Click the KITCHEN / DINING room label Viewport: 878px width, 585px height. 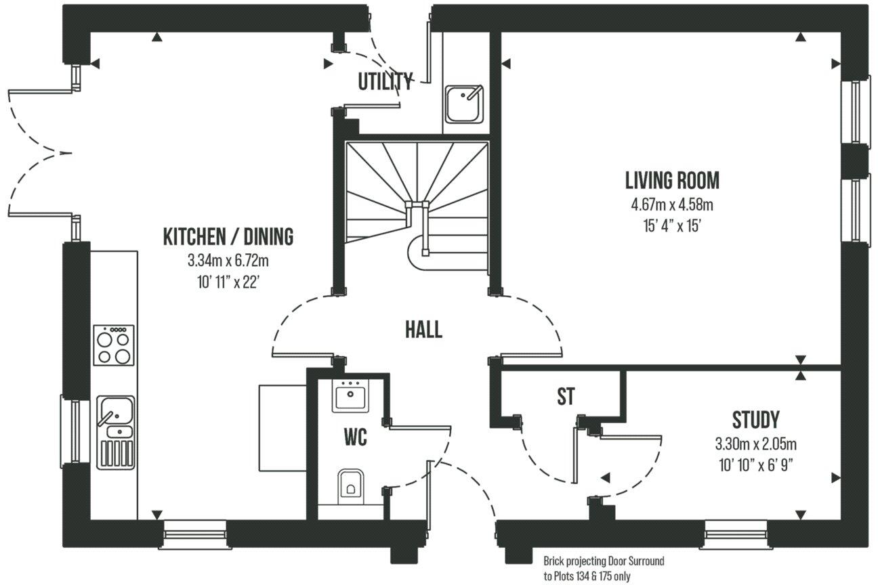[x=228, y=237]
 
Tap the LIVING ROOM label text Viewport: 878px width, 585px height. [x=671, y=181]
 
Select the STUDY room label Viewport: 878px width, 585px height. [x=755, y=420]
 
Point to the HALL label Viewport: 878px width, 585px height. [x=423, y=330]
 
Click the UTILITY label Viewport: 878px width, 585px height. [x=385, y=82]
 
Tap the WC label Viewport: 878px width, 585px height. [x=355, y=438]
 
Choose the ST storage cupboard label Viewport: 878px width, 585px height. [x=566, y=397]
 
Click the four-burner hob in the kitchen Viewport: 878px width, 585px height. [x=113, y=345]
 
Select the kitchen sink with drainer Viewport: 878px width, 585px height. [x=115, y=432]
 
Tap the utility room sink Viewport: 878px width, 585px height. [x=464, y=104]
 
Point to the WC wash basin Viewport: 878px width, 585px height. [x=350, y=395]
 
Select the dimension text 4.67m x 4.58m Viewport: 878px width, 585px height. [x=671, y=204]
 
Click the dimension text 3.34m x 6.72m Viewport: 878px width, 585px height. [x=228, y=260]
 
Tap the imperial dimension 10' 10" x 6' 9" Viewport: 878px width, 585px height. [x=755, y=465]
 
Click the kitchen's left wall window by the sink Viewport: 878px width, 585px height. [x=76, y=431]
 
